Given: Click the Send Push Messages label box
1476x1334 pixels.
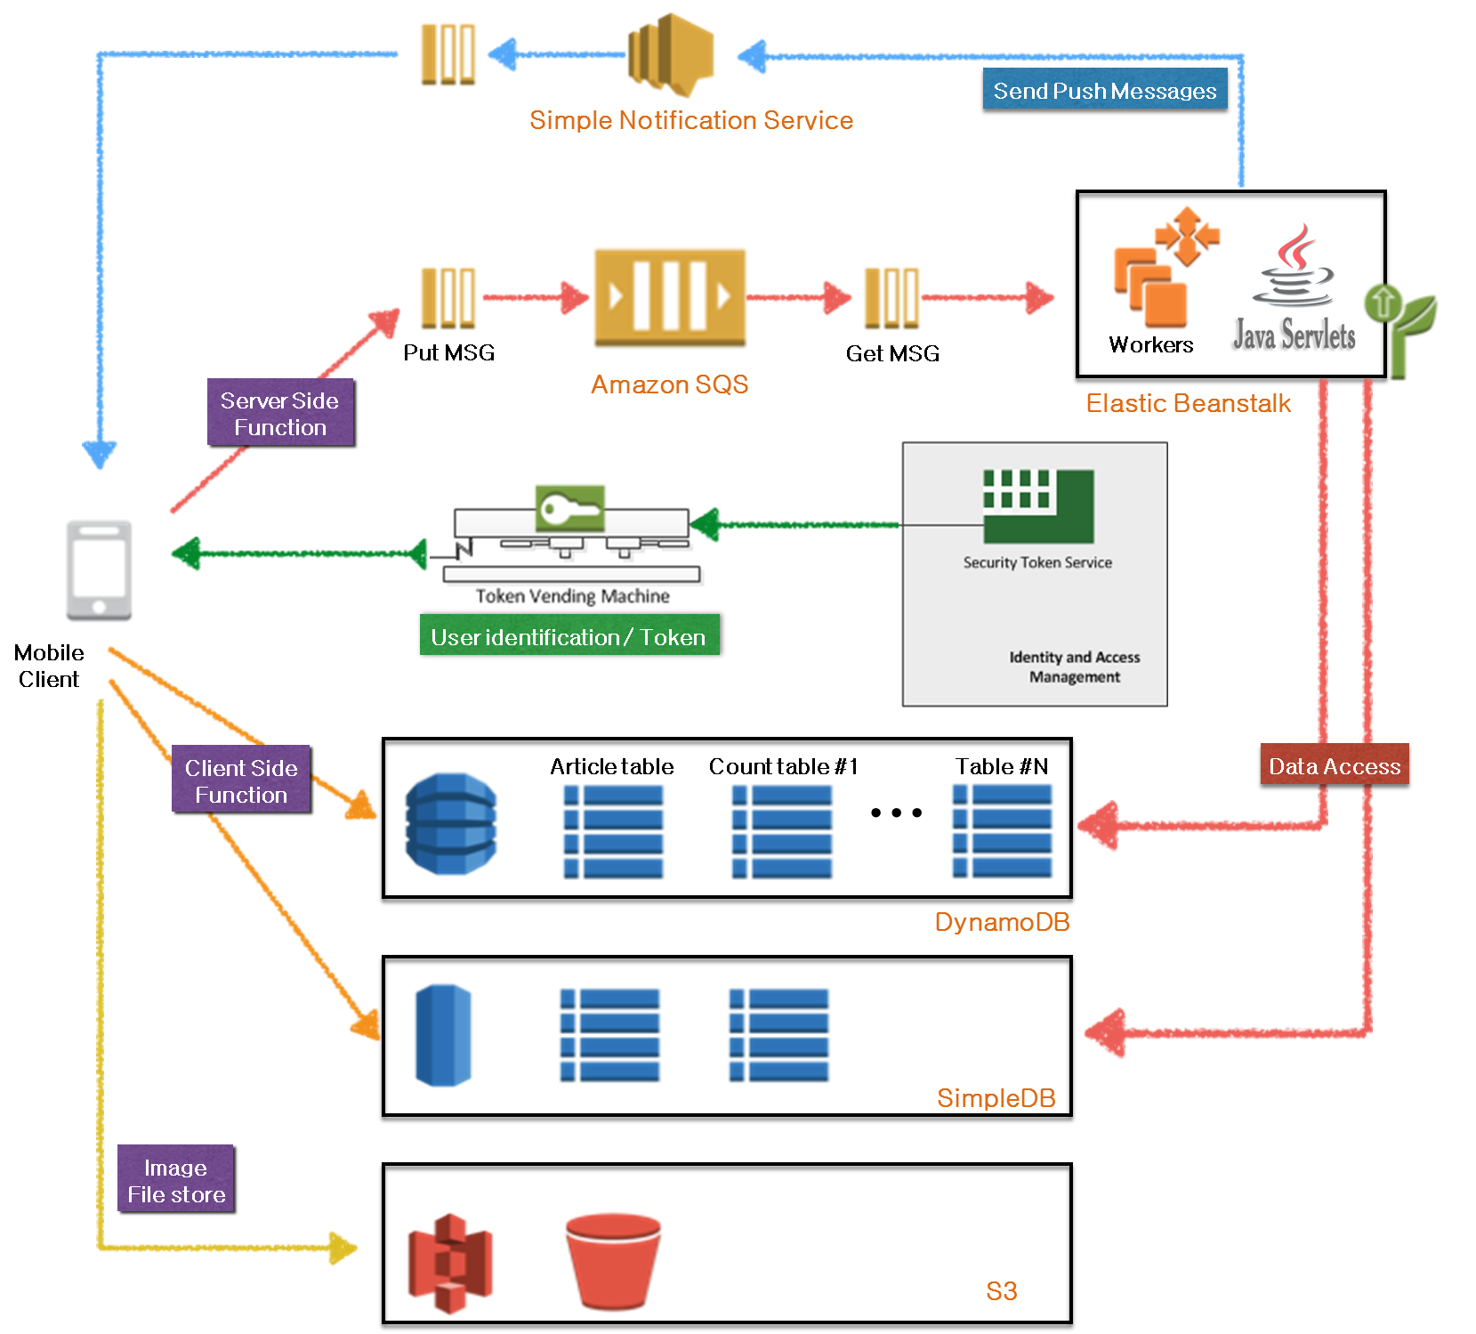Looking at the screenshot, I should (1105, 92).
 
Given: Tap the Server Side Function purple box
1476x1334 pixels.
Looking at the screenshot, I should (280, 414).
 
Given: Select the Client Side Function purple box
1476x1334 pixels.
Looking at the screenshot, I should (242, 780).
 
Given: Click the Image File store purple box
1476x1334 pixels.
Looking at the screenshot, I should (177, 1180).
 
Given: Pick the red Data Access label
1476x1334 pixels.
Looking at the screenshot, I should (1334, 766).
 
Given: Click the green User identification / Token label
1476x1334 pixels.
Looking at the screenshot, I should (569, 637).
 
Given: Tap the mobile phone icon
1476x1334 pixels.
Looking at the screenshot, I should (99, 569).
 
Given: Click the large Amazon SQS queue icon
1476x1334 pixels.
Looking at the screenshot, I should (670, 297).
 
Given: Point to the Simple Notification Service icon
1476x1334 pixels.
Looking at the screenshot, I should (672, 53).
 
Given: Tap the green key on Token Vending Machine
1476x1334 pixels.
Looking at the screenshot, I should (569, 509).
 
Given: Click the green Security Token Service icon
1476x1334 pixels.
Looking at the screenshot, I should (1038, 505).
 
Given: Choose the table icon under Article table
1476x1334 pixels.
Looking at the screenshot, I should (613, 831).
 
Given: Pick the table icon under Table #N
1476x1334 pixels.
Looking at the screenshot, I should (1002, 831).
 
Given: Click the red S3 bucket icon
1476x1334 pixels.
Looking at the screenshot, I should (613, 1259).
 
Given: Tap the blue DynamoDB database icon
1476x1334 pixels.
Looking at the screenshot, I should (451, 823).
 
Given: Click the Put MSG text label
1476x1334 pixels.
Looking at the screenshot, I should (448, 353).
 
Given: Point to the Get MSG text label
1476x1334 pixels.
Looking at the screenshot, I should (892, 353).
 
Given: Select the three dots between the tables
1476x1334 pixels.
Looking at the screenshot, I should (896, 813).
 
